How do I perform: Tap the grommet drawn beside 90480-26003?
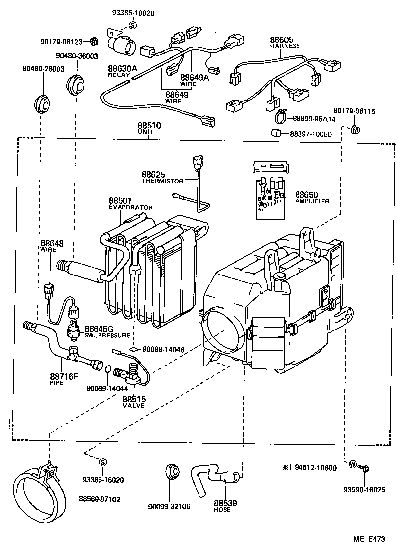[x=43, y=102]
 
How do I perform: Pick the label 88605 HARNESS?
[x=285, y=41]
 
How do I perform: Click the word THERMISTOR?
[x=163, y=181]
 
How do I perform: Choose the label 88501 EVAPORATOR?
[x=130, y=204]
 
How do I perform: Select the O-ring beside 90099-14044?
[x=108, y=368]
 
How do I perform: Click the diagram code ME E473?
[x=369, y=538]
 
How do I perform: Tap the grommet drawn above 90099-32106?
[x=172, y=471]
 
